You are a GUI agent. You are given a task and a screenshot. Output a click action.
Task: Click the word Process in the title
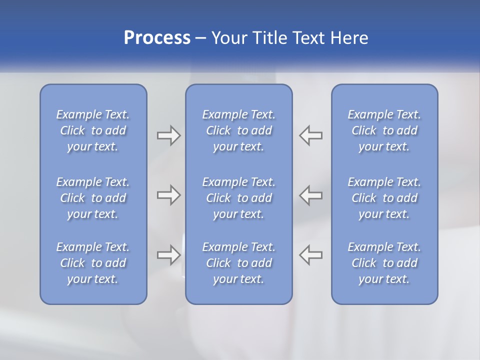(157, 38)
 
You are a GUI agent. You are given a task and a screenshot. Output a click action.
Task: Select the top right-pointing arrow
(168, 135)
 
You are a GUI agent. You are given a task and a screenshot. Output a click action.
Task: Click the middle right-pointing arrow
(168, 195)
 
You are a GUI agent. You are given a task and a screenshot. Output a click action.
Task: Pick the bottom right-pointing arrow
(168, 254)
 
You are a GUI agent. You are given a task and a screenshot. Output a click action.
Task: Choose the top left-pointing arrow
(311, 135)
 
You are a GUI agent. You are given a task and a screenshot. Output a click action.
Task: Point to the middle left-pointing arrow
(311, 195)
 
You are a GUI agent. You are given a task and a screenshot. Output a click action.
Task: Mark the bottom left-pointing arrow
(311, 254)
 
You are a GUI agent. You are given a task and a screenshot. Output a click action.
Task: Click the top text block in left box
(93, 130)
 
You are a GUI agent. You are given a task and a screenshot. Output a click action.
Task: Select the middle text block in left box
(93, 198)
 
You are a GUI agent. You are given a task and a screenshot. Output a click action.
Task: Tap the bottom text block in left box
(93, 263)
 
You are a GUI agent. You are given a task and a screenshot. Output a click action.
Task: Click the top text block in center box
(239, 130)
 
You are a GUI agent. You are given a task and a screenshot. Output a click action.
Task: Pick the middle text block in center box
(239, 198)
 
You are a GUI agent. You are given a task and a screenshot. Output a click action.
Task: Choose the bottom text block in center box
(239, 263)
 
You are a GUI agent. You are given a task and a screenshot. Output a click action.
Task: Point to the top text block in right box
(384, 130)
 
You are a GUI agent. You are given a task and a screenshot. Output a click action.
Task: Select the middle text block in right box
(384, 198)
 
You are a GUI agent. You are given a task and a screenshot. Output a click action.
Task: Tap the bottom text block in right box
(384, 263)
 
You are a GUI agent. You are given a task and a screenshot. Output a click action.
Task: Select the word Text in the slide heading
(309, 38)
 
